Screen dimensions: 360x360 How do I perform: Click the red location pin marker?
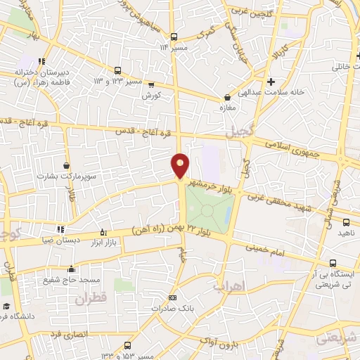tap(180, 165)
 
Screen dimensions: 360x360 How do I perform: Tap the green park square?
tap(209, 209)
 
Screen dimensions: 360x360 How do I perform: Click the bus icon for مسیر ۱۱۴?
tap(173, 37)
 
